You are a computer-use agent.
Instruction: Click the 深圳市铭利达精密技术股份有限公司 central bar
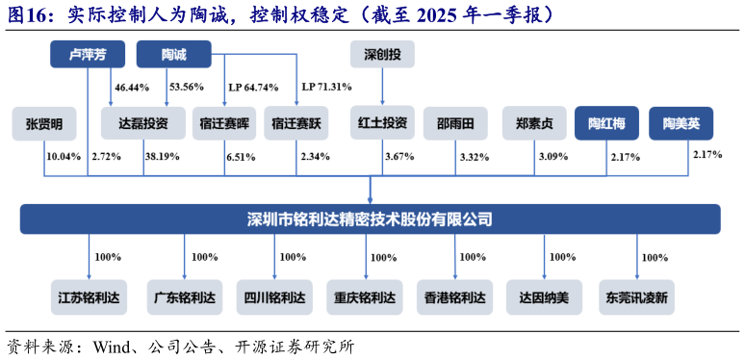coord(371,219)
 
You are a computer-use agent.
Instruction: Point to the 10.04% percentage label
coord(64,156)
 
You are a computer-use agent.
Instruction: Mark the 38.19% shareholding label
coord(162,156)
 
